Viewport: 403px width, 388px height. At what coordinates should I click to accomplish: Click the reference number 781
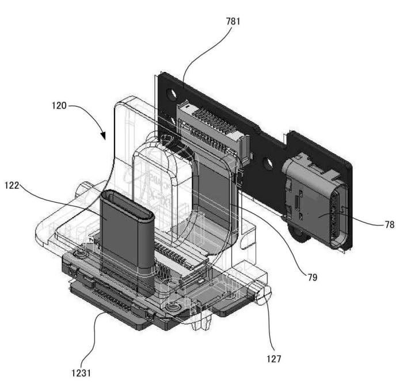click(233, 21)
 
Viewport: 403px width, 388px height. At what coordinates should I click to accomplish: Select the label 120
click(59, 105)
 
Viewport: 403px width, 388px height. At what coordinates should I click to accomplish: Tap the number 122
click(12, 185)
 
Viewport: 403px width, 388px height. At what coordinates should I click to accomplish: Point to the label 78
click(390, 225)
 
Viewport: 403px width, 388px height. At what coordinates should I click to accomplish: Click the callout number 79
click(313, 277)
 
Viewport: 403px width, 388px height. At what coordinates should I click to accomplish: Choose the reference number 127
click(274, 359)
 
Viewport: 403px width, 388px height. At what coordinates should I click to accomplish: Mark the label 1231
click(81, 373)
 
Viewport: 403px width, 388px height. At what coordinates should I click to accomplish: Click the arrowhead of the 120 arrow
click(103, 136)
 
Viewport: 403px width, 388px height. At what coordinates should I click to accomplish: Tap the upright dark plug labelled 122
click(127, 231)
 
